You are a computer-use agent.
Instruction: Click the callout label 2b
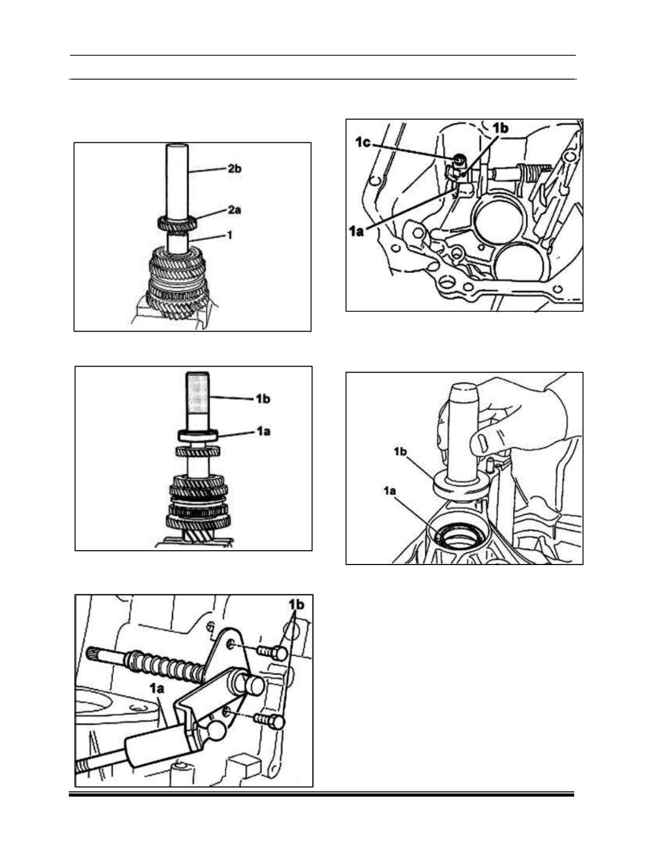(234, 169)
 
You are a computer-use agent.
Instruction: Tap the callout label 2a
(234, 210)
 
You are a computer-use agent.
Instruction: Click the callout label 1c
(364, 142)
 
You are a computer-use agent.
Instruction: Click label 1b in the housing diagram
(500, 128)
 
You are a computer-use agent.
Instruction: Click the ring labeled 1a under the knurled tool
(197, 435)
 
